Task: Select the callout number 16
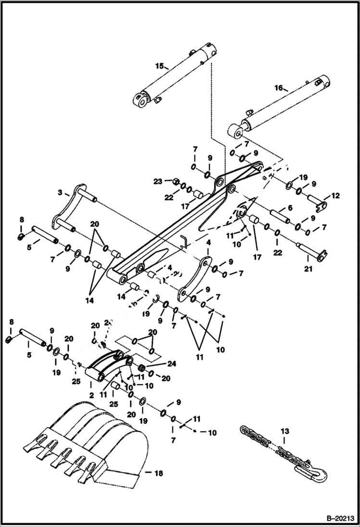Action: (x=278, y=88)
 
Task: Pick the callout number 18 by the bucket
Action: (x=158, y=473)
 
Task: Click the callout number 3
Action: (x=60, y=193)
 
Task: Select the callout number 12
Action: (x=335, y=196)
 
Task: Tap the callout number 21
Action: (x=308, y=269)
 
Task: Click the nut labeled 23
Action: (x=176, y=182)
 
